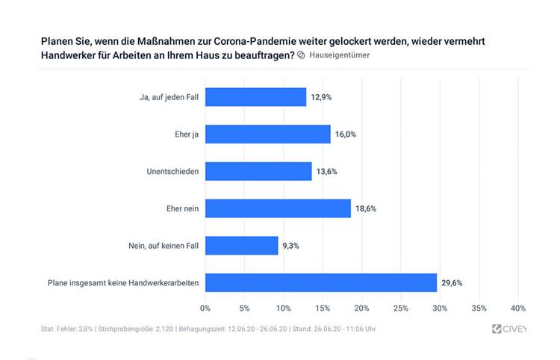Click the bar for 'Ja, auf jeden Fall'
pos(255,97)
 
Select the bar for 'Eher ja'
pos(267,134)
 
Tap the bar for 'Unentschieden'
pos(258,171)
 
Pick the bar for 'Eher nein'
pos(278,208)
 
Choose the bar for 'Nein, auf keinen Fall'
pos(241,246)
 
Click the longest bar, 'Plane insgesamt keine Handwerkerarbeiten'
pos(320,282)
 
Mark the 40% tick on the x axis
pos(518,308)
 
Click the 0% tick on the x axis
pos(205,308)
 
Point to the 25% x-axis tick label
pos(401,308)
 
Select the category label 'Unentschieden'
pos(173,171)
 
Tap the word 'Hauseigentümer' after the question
pos(339,55)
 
